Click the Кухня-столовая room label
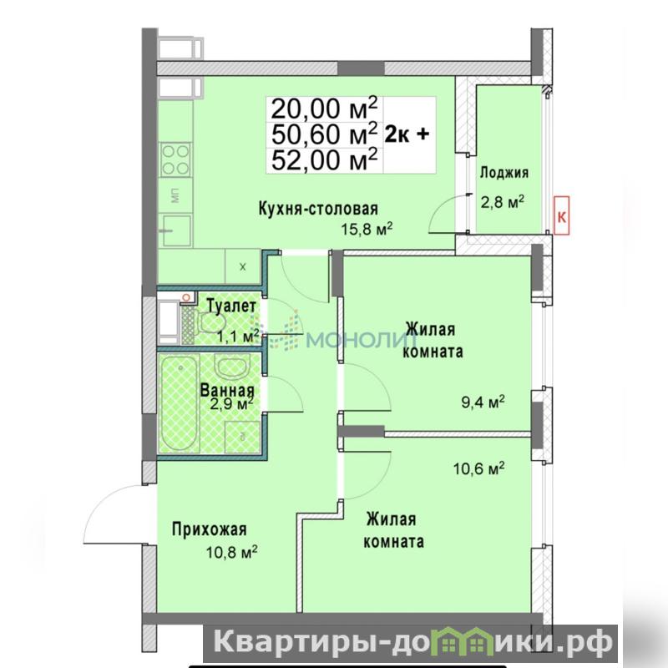318,209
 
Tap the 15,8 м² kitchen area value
367,229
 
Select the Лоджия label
504,173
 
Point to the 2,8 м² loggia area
503,201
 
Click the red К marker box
561,215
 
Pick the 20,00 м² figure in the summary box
324,109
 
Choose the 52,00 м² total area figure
324,159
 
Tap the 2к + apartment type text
407,134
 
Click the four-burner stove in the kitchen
175,160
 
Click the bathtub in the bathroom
180,404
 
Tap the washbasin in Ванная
230,367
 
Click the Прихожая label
210,529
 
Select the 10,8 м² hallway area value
231,553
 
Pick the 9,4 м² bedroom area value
483,402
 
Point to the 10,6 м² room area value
478,468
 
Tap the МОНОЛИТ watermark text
362,341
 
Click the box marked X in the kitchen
243,267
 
